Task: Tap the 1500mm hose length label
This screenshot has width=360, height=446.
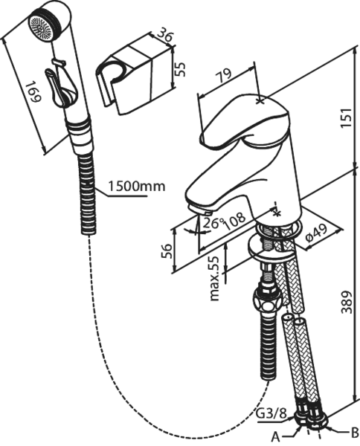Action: [x=137, y=187]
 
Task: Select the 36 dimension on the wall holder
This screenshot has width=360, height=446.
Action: [x=165, y=35]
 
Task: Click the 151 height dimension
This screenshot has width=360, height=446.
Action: [x=347, y=117]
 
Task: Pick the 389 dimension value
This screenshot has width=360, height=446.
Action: [x=347, y=302]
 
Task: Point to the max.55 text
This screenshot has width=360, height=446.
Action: [x=216, y=278]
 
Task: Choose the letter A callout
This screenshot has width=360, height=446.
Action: [x=275, y=436]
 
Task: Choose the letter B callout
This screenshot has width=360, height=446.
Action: [x=354, y=433]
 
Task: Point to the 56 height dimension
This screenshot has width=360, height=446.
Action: [x=167, y=251]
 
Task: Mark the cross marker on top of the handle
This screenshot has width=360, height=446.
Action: [x=260, y=100]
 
